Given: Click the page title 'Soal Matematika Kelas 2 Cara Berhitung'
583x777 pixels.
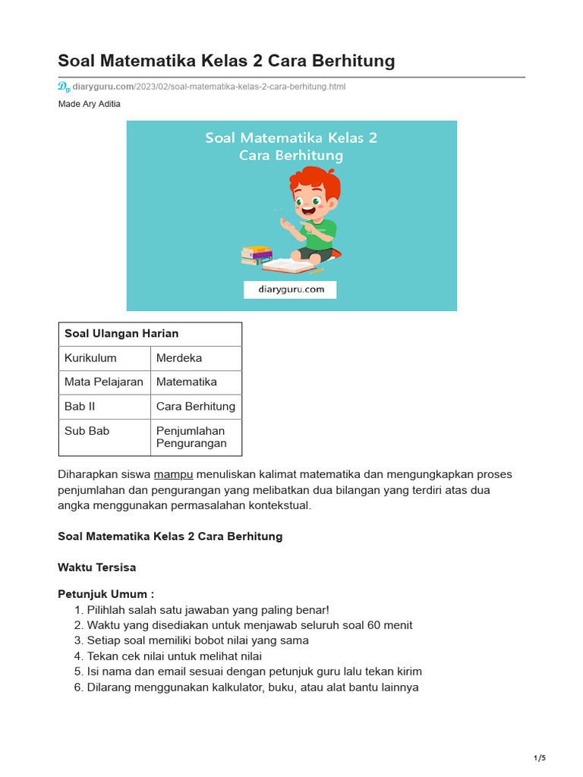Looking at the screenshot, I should pyautogui.click(x=226, y=61).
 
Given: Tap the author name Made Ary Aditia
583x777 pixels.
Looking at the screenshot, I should pyautogui.click(x=89, y=104).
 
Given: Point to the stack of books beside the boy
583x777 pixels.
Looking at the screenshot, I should pyautogui.click(x=257, y=255).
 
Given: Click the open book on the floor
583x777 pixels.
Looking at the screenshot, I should pyautogui.click(x=288, y=266).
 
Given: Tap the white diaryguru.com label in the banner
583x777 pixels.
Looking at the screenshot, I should pyautogui.click(x=289, y=289).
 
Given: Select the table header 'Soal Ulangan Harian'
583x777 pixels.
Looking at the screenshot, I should pyautogui.click(x=121, y=334).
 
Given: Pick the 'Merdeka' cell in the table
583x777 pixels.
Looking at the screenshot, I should pyautogui.click(x=179, y=358).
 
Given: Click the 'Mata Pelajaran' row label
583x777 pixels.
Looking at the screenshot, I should pyautogui.click(x=104, y=382).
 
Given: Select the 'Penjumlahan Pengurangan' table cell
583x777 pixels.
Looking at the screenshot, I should pyautogui.click(x=191, y=437).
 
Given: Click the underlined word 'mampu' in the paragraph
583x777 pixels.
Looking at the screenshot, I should pyautogui.click(x=174, y=475).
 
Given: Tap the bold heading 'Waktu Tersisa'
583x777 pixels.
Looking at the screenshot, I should pyautogui.click(x=97, y=568).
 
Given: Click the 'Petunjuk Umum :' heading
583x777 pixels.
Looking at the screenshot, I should pyautogui.click(x=106, y=594).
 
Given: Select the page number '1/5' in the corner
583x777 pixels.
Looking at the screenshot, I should pyautogui.click(x=540, y=758).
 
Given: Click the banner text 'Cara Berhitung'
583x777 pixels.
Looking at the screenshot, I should pyautogui.click(x=291, y=156).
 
